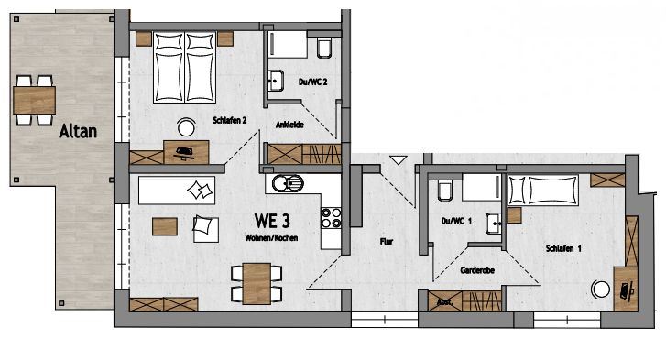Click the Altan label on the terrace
pos(78,131)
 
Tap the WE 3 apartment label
pos(272,221)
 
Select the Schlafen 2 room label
pos(229,121)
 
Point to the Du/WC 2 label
pos(312,82)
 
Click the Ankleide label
pos(289,125)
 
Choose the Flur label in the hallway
pos(387,242)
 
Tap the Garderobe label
pos(477,270)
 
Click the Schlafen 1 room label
pos(563,248)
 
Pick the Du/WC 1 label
pos(456,221)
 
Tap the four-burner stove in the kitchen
pos(332,218)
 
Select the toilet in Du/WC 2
pos(324,48)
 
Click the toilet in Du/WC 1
pos(445,191)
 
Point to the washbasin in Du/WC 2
pos(276,81)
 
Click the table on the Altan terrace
pos(35,100)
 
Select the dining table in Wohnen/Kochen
pos(257,284)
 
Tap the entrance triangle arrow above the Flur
pos(399,160)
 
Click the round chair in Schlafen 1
pos(600,289)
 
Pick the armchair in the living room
pos(205,229)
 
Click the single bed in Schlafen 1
pos(543,191)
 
